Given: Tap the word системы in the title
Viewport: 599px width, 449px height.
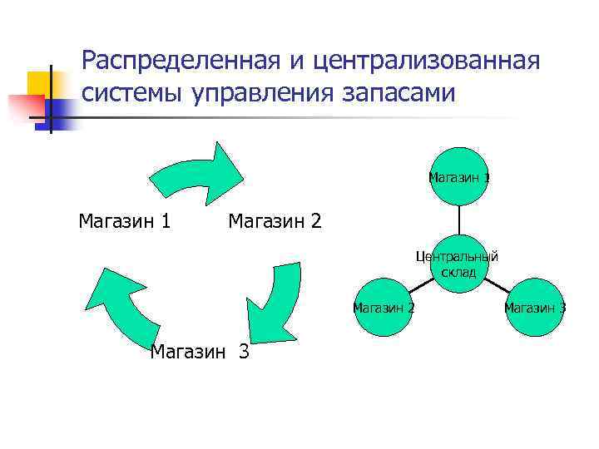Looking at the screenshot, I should point(134,93).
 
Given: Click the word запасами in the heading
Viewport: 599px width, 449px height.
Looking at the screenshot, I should point(398,93).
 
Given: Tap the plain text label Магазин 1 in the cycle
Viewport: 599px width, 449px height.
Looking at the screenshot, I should point(125,221).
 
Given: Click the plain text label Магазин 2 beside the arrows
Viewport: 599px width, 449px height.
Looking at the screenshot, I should point(275,221).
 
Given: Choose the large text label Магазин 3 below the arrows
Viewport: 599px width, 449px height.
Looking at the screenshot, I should point(200,352).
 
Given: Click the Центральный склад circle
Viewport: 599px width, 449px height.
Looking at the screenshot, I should point(458,264).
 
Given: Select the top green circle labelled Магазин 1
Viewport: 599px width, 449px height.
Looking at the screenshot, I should point(458,176).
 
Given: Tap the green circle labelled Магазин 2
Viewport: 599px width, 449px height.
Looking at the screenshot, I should point(384,308).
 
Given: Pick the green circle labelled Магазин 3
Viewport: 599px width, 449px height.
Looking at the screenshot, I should point(534,308).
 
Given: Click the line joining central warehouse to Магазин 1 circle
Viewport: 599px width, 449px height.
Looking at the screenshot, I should point(458,220).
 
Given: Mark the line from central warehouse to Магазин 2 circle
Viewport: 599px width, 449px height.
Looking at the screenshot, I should point(422,286).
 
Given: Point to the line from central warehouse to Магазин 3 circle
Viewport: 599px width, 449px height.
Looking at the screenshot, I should point(496,286).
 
